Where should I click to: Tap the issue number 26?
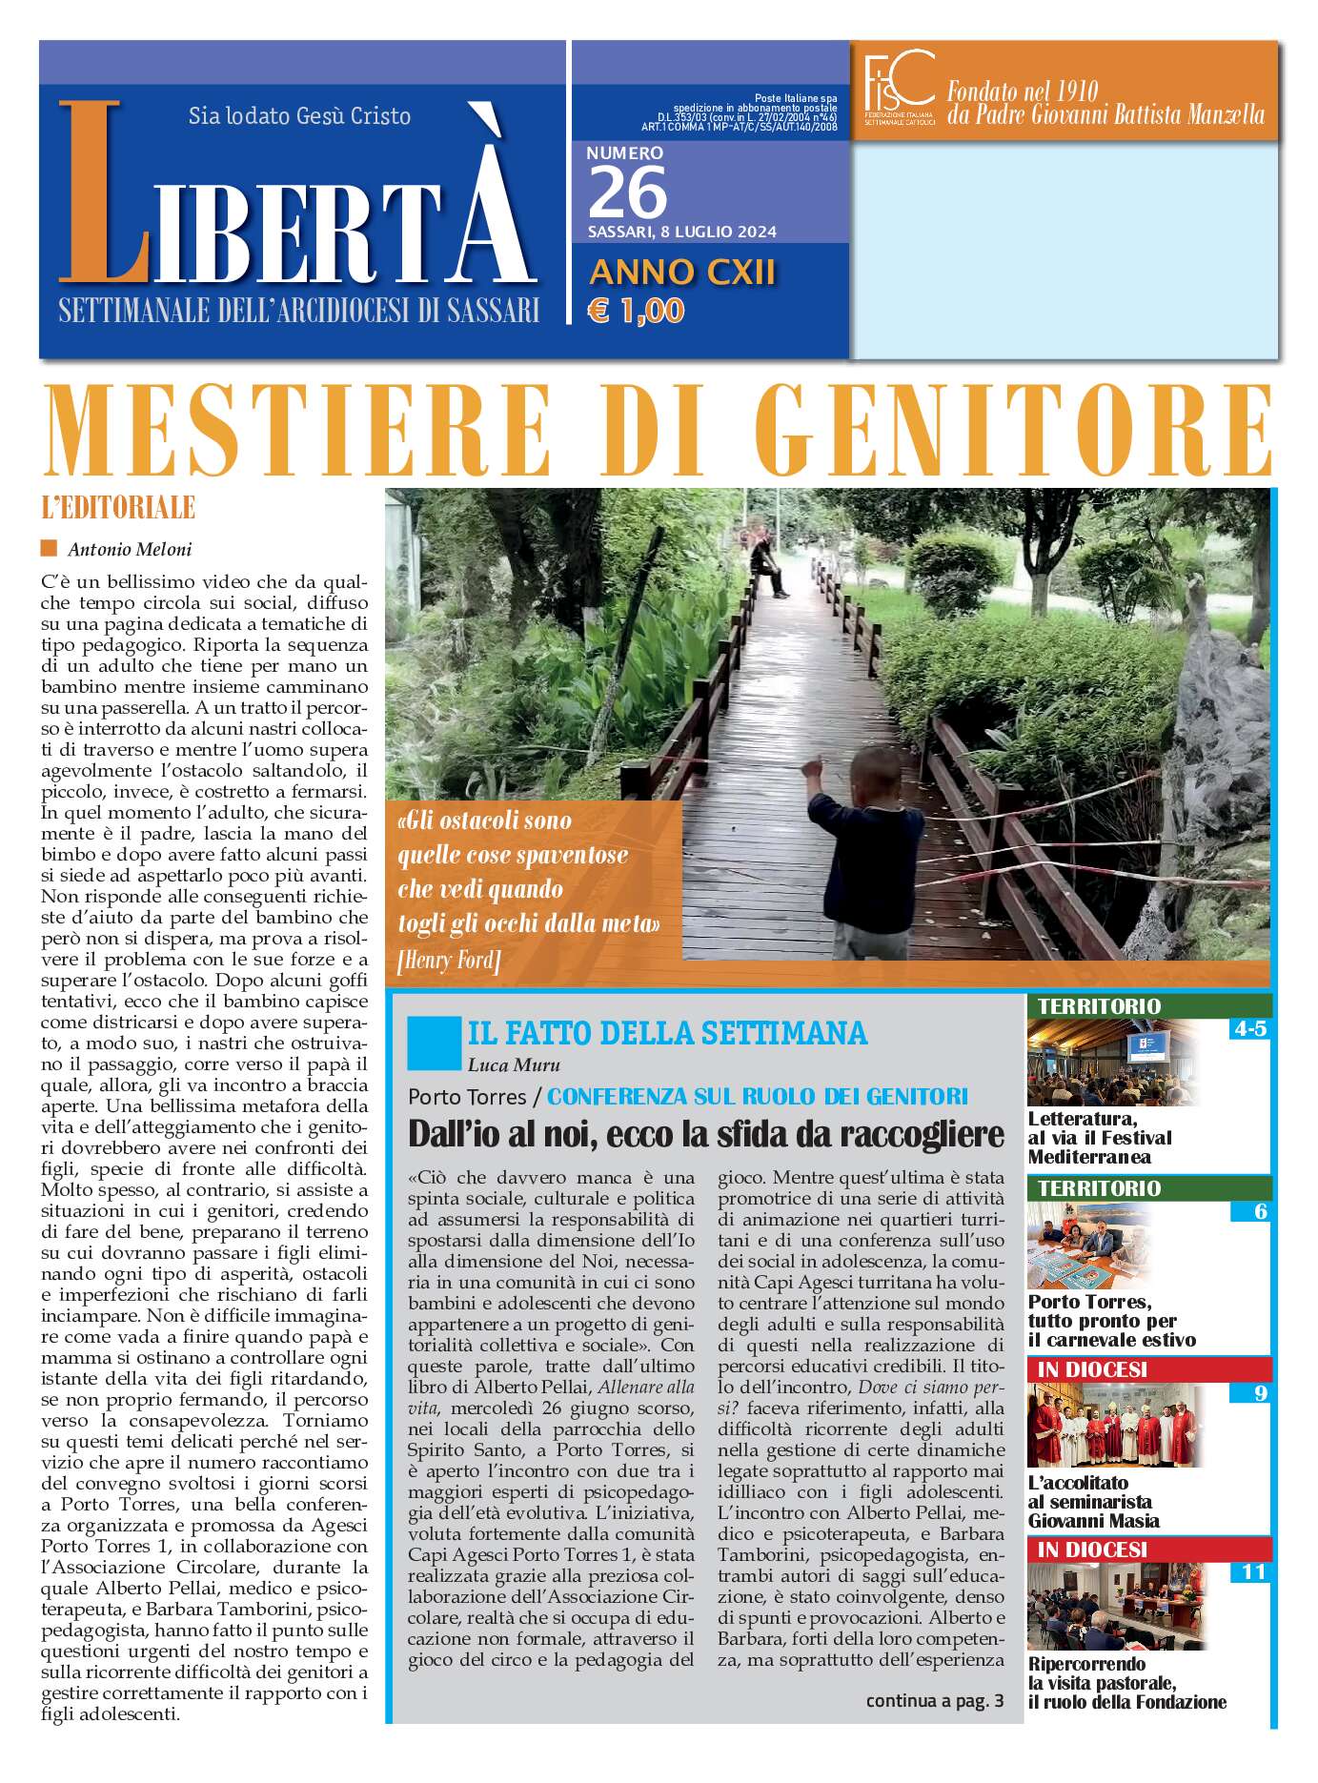(x=627, y=193)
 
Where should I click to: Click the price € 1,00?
(x=636, y=311)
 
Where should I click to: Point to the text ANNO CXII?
(x=682, y=273)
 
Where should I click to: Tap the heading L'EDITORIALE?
(x=118, y=508)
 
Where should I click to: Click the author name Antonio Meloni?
(x=130, y=549)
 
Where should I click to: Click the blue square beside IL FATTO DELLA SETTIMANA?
(x=433, y=1043)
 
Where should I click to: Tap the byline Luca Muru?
(x=514, y=1065)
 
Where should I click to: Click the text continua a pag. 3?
(x=934, y=1701)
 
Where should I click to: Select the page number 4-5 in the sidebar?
(x=1248, y=1029)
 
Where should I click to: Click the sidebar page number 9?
(x=1260, y=1393)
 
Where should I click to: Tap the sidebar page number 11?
(x=1252, y=1571)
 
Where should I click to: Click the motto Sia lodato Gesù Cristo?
(x=299, y=116)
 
